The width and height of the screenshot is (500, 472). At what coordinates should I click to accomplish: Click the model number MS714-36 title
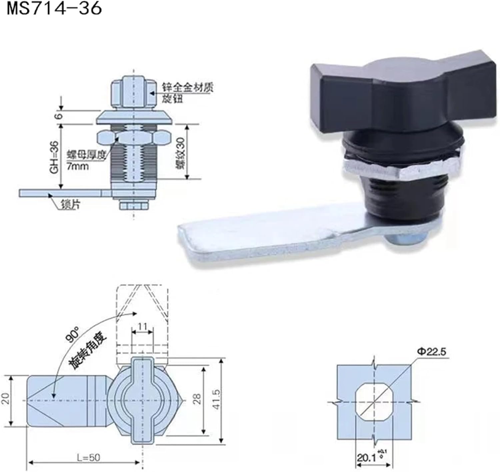pos(54,9)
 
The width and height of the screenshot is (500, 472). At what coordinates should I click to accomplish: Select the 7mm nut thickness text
pos(77,166)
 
